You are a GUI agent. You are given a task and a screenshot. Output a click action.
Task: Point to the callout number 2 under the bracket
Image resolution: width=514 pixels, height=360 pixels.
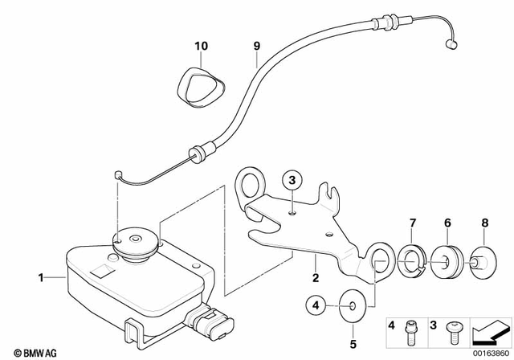tap(316, 278)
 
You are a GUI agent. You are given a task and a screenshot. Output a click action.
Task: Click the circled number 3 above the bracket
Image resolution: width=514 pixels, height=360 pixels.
tap(293, 178)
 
